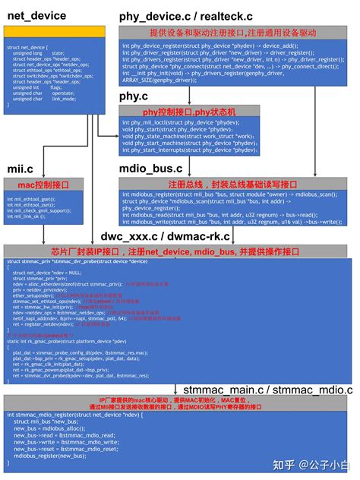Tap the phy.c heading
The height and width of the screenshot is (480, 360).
(135, 96)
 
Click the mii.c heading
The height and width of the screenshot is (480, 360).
(21, 168)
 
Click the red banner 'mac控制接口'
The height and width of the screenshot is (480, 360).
(48, 185)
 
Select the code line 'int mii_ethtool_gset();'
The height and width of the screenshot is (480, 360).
(32, 198)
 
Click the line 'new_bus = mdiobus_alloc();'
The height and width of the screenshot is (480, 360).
(50, 428)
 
